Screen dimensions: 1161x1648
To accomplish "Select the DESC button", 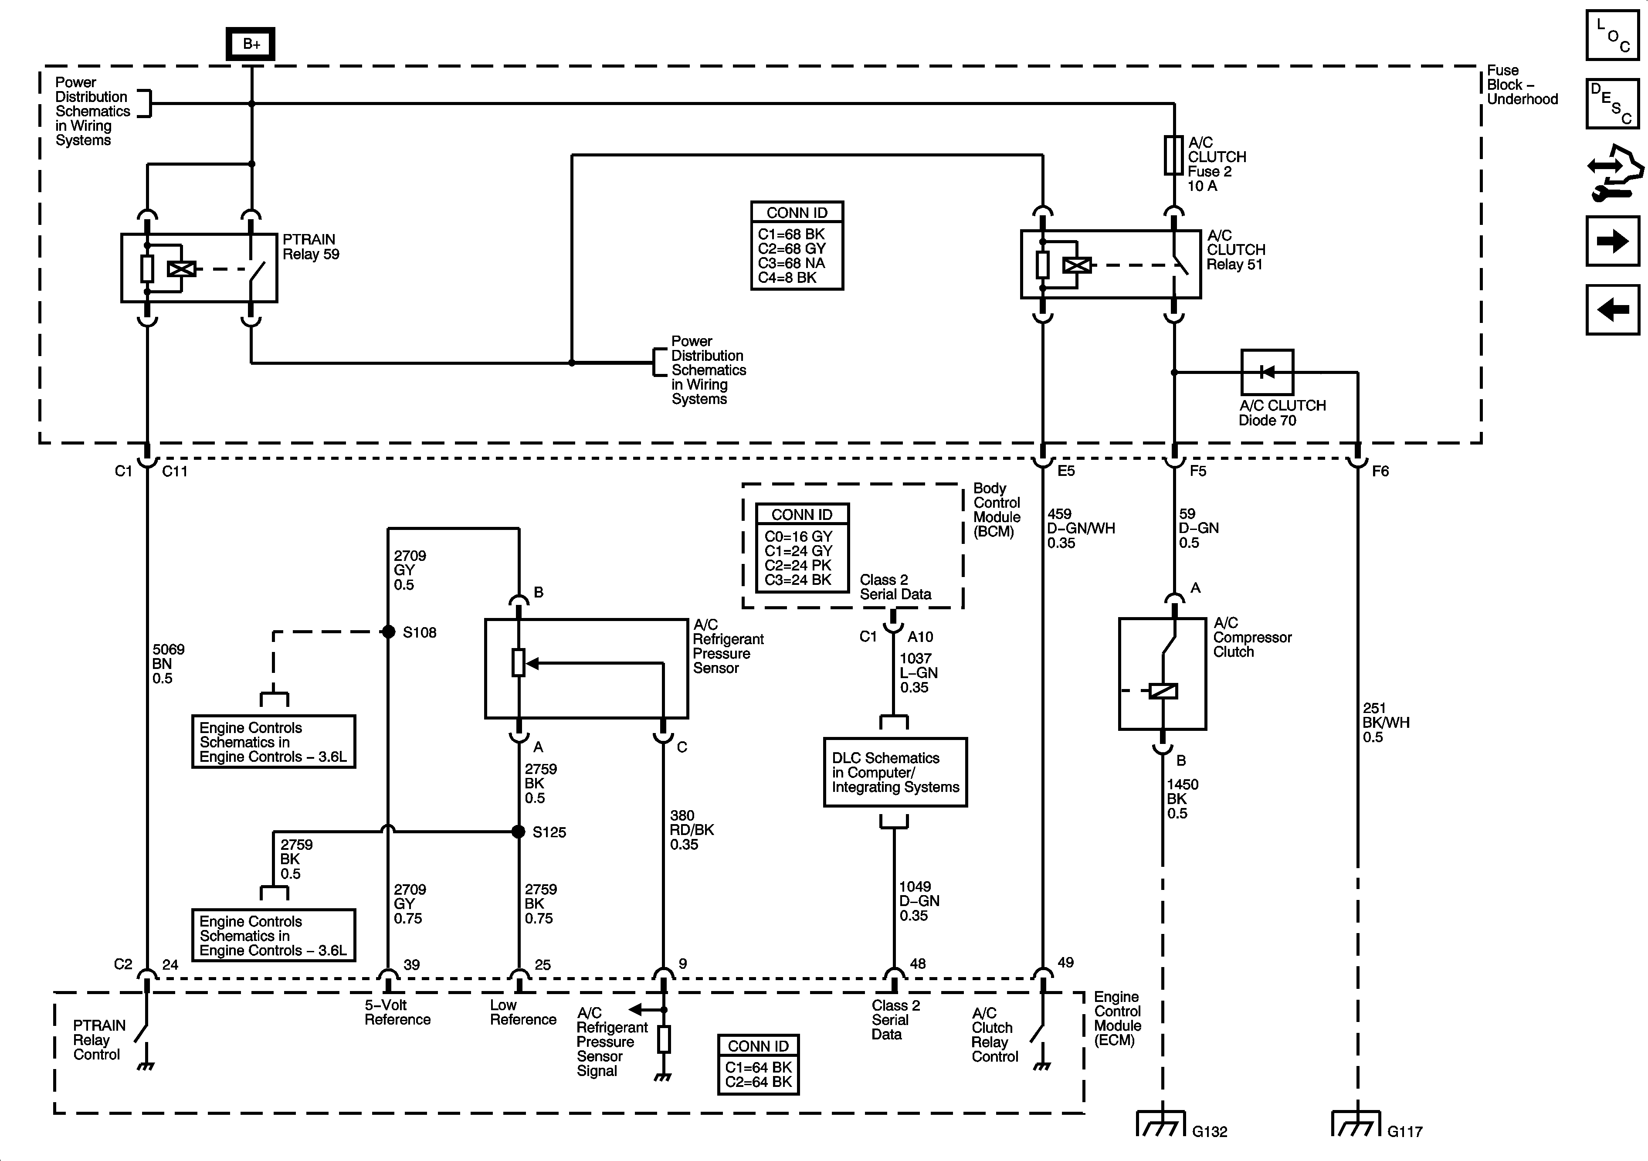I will coord(1612,103).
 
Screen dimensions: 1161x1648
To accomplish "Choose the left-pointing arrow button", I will coord(1612,309).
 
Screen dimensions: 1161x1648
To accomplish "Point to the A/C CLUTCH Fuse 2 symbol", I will coord(1173,156).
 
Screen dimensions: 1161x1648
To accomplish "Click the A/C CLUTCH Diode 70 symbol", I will coord(1267,372).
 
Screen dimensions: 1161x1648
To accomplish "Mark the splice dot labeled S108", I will coord(388,632).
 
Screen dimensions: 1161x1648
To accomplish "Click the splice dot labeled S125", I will coord(518,832).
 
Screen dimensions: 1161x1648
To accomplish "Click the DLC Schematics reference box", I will coord(895,773).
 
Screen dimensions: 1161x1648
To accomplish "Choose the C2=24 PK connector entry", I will coord(797,566).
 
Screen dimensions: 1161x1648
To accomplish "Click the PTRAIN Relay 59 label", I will coord(310,247).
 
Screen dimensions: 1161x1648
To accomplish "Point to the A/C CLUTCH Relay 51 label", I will coord(1235,250).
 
